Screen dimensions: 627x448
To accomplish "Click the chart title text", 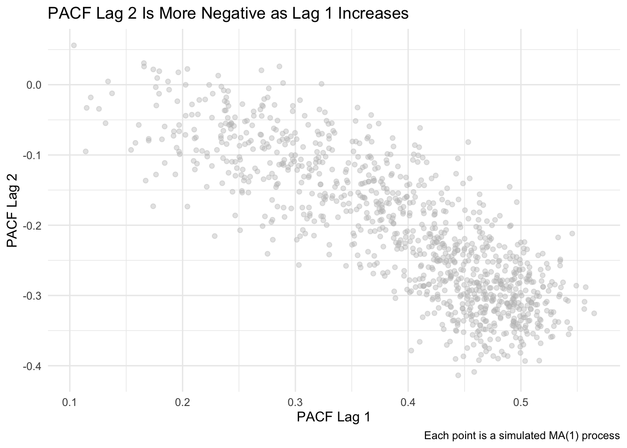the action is (228, 14).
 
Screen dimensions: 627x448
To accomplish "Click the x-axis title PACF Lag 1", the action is (334, 417).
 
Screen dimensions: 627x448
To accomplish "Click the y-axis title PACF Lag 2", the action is (12, 211).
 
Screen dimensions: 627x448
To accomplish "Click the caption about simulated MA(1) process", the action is (522, 436).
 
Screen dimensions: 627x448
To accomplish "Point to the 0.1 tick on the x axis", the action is (70, 402).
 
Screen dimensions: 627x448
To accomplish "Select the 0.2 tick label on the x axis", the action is (182, 402).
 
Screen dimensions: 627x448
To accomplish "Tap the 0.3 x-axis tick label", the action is (295, 402).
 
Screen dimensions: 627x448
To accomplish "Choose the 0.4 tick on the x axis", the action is (408, 402).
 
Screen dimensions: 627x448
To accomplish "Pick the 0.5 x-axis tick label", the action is (521, 402).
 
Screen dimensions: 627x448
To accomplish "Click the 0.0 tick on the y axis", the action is (34, 85).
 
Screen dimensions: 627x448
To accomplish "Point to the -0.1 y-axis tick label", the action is (32, 155).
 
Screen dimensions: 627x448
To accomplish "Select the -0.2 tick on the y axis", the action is (32, 225).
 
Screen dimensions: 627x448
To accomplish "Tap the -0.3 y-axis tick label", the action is (32, 296).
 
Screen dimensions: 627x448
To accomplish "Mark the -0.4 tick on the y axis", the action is (32, 366).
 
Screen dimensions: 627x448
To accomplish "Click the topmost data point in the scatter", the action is (74, 45).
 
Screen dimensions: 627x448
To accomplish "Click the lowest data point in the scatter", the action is (458, 375).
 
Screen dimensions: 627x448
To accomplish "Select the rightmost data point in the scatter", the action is (594, 313).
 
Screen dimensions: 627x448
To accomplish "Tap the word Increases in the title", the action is (373, 14).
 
